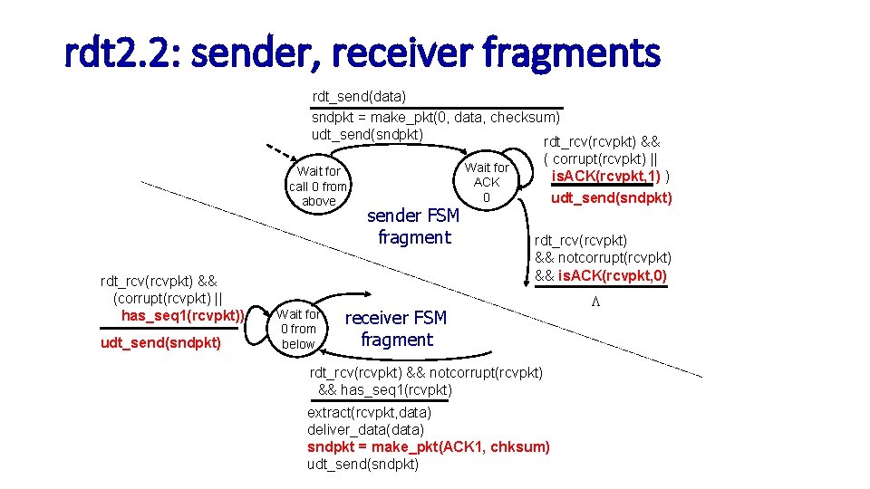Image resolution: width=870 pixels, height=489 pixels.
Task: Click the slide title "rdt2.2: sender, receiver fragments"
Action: (362, 54)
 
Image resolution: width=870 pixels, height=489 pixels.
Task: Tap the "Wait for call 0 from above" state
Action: (318, 186)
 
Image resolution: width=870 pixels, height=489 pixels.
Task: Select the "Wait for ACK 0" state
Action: (487, 182)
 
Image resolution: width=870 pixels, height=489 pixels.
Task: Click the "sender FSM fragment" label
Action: (413, 226)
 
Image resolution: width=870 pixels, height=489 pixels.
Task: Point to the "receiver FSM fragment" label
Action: (396, 329)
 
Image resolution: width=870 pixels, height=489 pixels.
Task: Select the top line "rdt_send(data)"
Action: (359, 96)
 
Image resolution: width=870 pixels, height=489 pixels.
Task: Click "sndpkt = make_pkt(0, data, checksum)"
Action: (436, 118)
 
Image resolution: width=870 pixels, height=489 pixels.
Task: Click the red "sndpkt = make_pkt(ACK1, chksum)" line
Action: (428, 447)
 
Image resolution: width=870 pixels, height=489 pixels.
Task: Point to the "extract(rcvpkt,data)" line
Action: (369, 413)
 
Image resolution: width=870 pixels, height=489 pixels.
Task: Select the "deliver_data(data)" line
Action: (364, 430)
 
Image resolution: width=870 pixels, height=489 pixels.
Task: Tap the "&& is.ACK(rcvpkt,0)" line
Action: (601, 275)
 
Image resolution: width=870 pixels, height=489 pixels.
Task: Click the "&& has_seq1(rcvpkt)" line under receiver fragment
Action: (385, 389)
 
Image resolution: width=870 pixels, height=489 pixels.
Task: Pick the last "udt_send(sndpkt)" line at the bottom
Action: (362, 465)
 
